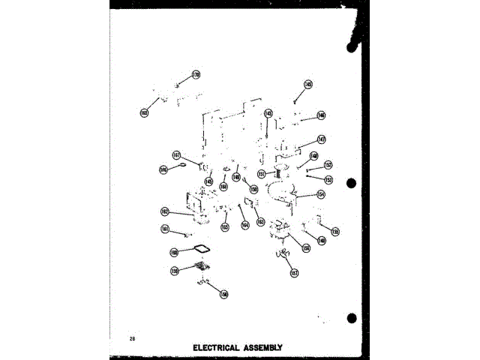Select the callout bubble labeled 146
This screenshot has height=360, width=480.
coord(321,115)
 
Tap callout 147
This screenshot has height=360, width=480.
coord(321,139)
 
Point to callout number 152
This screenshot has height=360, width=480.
coord(328,165)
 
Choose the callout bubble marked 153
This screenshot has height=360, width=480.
coord(328,179)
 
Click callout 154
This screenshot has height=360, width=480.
coord(320,194)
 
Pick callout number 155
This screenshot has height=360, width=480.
coord(335,232)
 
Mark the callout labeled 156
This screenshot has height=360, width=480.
coord(306,248)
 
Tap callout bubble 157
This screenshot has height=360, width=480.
coord(294,273)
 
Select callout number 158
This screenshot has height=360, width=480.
coord(223,295)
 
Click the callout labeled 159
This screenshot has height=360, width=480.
coord(174,270)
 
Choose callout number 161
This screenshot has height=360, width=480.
coord(164,229)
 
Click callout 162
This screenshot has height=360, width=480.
coord(164,211)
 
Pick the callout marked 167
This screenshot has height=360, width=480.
coord(177,156)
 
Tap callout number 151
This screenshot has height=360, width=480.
coord(261,174)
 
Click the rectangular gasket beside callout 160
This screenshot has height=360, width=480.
coord(201,248)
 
